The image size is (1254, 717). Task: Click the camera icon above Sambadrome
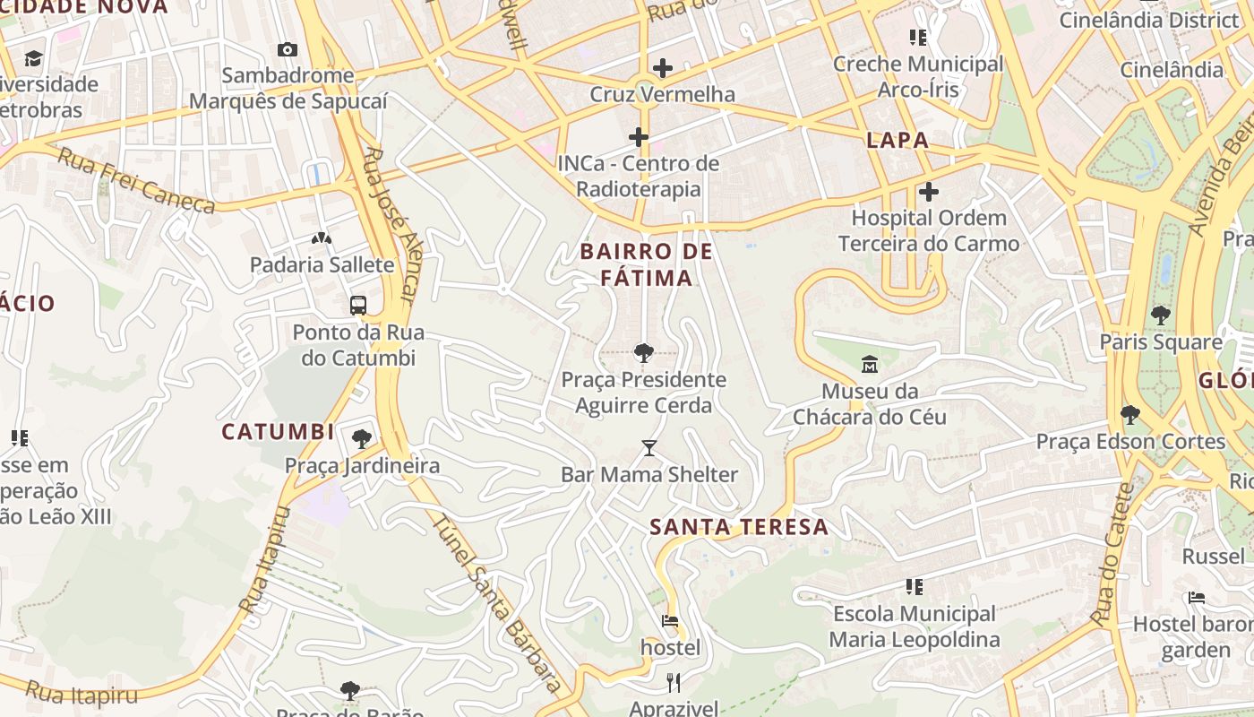(287, 49)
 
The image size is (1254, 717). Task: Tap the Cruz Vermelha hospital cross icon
(663, 68)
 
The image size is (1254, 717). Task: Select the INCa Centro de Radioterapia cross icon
(639, 137)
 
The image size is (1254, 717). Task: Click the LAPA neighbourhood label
(897, 141)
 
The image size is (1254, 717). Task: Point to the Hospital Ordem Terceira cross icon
(929, 191)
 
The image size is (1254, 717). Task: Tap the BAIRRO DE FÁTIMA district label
(646, 264)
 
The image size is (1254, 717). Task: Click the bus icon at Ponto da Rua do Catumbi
(358, 305)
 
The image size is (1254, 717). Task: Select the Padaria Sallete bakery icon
(322, 238)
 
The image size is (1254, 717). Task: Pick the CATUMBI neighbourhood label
(278, 432)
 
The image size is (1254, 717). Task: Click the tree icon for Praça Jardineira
(362, 438)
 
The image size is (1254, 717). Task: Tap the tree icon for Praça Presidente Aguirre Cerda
(643, 352)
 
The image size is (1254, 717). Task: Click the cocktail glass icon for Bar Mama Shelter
(649, 447)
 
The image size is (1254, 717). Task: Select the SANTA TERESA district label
(739, 527)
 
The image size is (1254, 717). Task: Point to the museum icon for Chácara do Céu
(869, 365)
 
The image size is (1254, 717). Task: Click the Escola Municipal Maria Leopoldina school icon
(915, 587)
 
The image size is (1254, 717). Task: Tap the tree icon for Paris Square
(1161, 315)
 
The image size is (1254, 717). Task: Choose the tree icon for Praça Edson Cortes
(1130, 414)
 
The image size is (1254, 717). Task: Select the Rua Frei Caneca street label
(136, 181)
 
